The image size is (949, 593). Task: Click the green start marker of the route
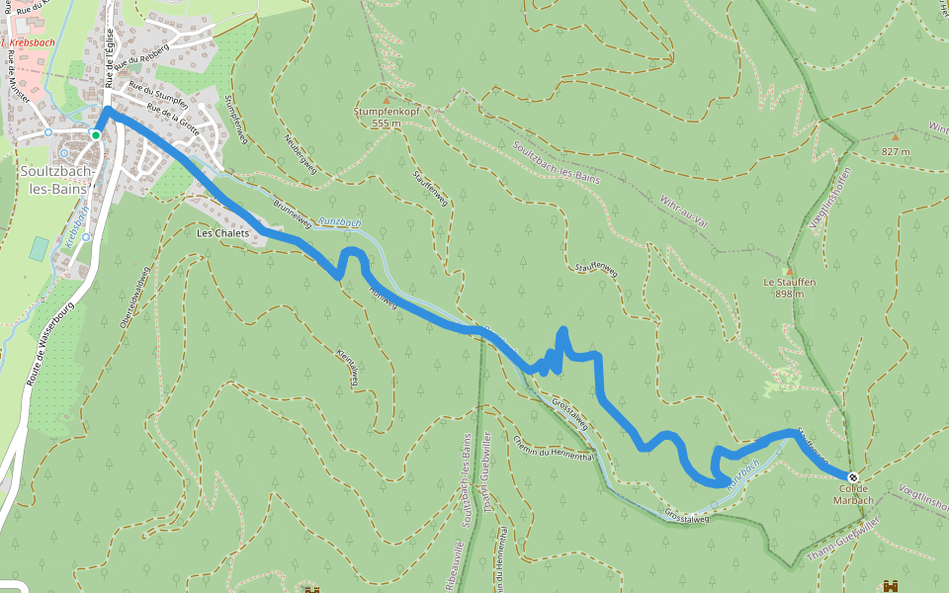click(x=96, y=134)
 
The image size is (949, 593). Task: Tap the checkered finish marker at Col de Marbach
click(x=853, y=477)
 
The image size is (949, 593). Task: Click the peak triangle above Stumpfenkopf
click(x=386, y=100)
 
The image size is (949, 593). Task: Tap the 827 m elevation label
click(x=896, y=151)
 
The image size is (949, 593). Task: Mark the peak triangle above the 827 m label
click(x=896, y=138)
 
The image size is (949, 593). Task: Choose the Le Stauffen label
click(x=789, y=283)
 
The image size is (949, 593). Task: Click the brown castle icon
click(x=891, y=586)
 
